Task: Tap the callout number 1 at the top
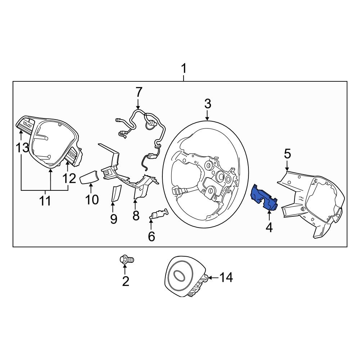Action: pos(184,68)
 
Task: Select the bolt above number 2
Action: pos(126,259)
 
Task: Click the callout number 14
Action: pos(226,278)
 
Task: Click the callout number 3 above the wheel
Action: pos(207,104)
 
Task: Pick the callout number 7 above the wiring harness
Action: pos(139,92)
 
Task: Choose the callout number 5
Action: pos(287,154)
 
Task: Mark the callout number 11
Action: pos(45,201)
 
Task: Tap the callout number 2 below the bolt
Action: pos(125,281)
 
